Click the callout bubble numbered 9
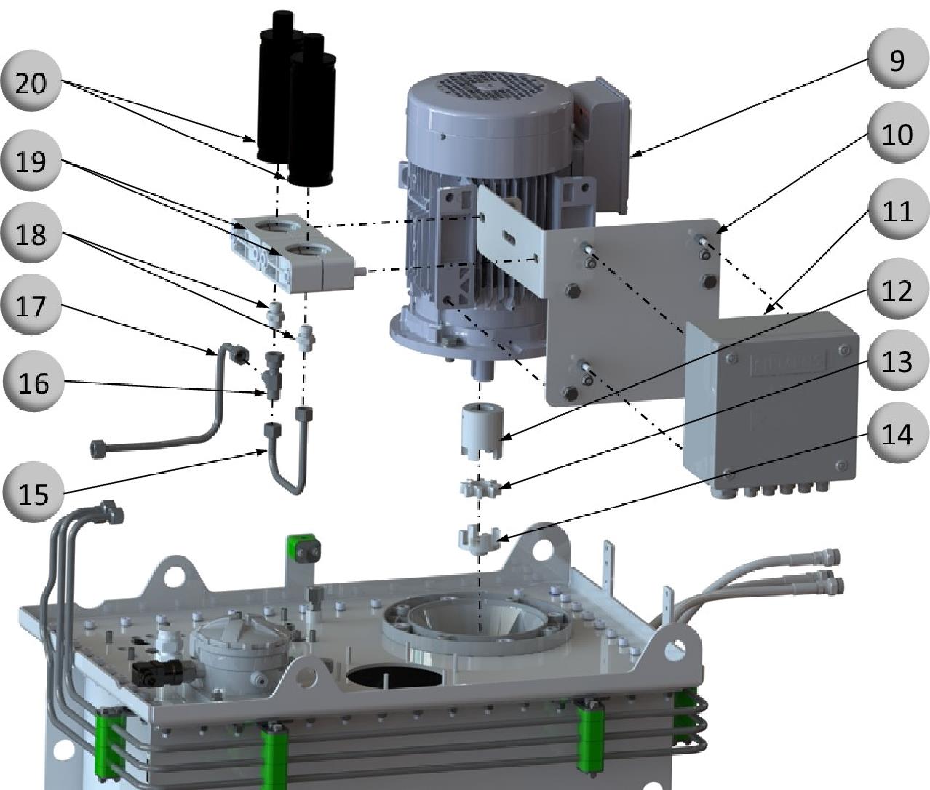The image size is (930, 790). coord(897,60)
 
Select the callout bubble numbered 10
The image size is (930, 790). coord(897,134)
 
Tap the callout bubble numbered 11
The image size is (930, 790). coord(897,210)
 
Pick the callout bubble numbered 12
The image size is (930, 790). coord(897,288)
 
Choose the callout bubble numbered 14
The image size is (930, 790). coord(897,434)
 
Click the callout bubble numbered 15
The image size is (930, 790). coord(33,492)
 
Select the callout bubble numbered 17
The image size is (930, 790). coord(31,306)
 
